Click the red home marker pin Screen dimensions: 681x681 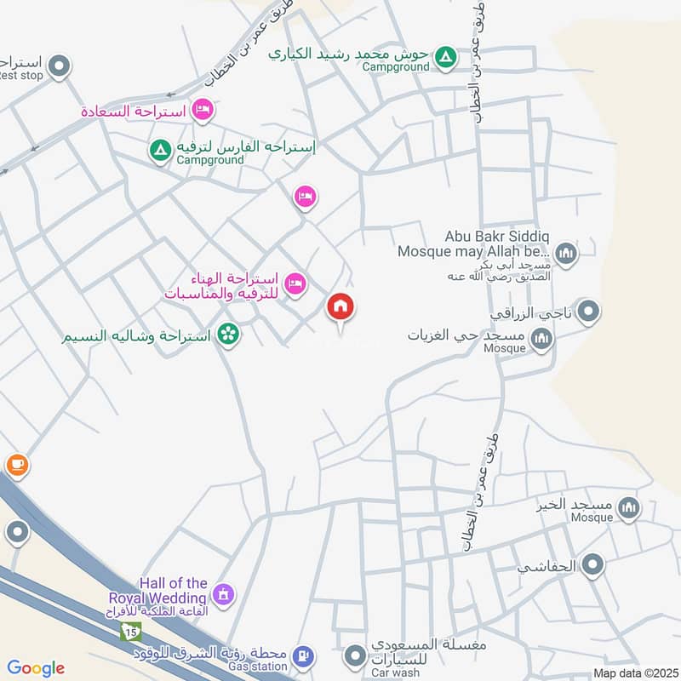(340, 308)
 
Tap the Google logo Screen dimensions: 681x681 (36, 668)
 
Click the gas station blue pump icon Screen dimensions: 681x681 (301, 656)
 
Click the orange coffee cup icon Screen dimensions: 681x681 (17, 465)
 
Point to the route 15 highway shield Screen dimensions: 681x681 (129, 632)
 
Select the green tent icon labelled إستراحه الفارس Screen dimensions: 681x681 (159, 152)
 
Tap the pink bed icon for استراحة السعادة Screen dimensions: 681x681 (203, 110)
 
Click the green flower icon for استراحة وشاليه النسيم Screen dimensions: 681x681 (227, 334)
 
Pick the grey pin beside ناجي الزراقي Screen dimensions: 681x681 (587, 313)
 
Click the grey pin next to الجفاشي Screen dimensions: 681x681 (593, 564)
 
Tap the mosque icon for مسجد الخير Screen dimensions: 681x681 (628, 508)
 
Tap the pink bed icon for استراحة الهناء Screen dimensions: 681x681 (295, 283)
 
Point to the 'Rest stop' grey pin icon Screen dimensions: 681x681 (59, 65)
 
